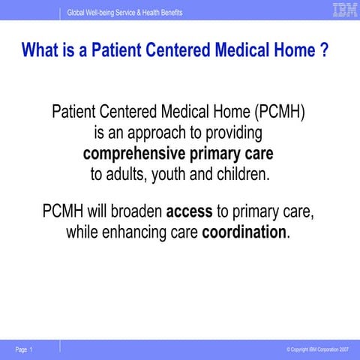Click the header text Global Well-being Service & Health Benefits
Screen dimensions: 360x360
[124, 13]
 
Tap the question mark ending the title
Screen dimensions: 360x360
[324, 52]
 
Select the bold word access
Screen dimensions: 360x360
[190, 211]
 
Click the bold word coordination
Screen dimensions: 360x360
[244, 232]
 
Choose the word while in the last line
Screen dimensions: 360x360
[85, 232]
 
